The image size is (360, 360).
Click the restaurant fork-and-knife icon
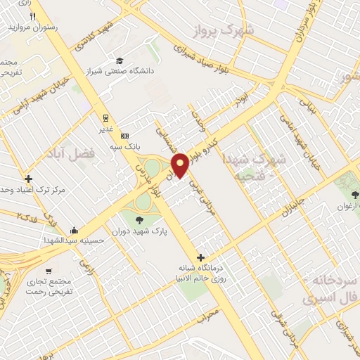[x=32, y=16]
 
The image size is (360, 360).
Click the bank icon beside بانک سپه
[x=125, y=135]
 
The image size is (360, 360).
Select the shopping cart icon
[x=49, y=271]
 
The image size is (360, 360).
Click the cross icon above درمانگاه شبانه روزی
[x=201, y=257]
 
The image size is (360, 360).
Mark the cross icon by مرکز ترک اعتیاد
[x=28, y=179]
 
